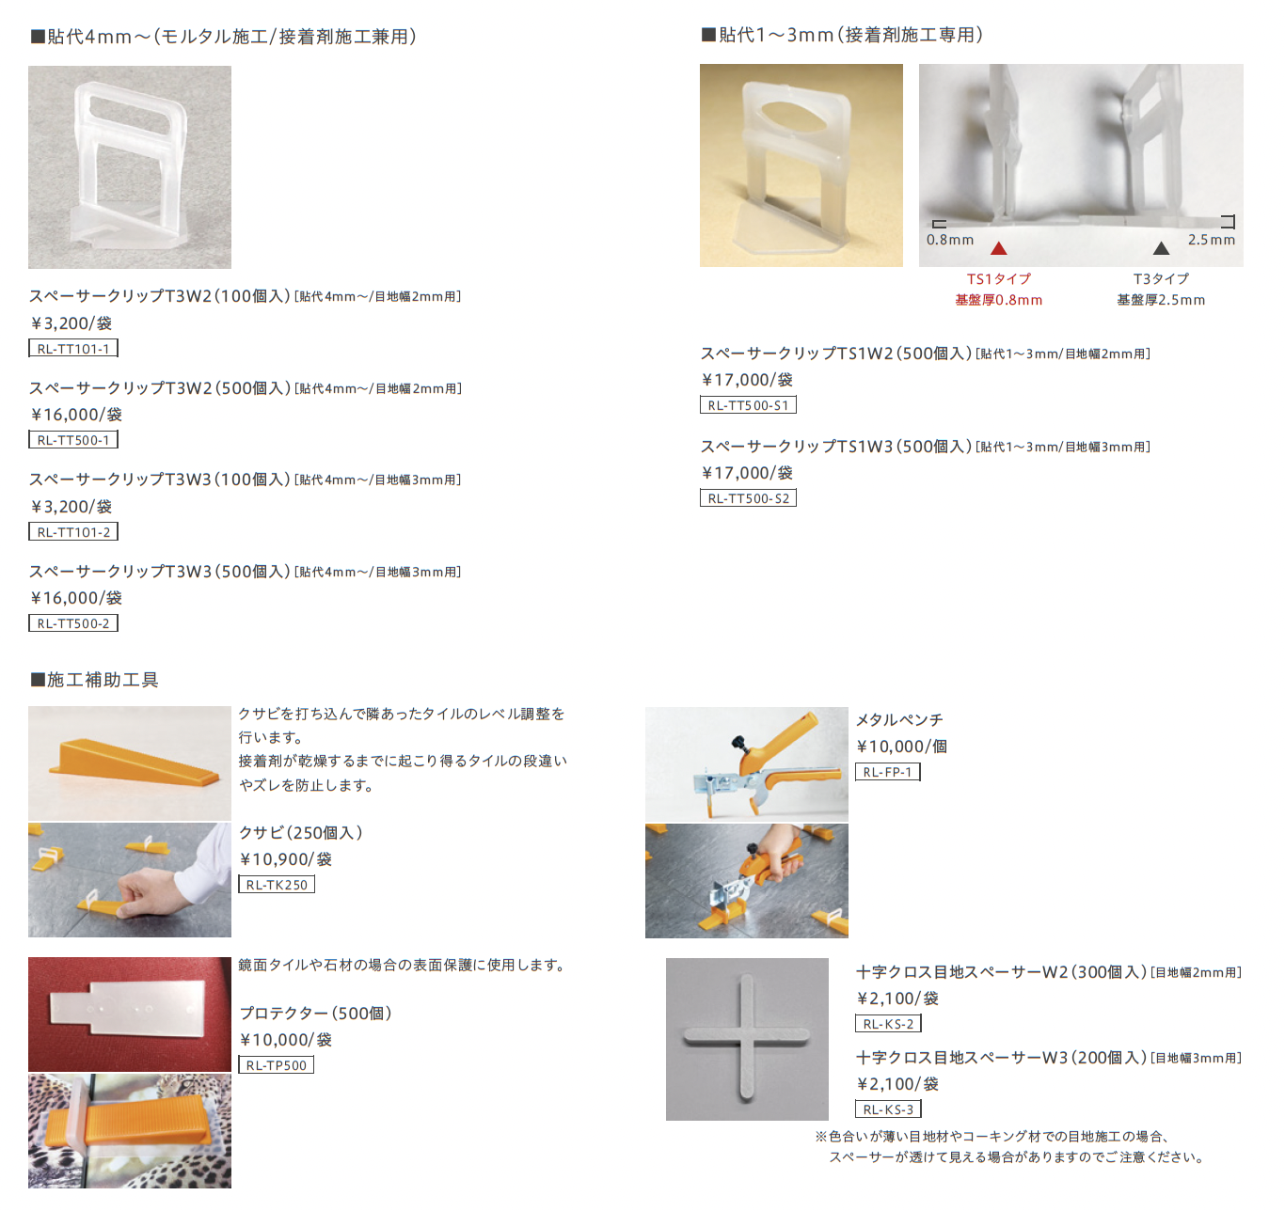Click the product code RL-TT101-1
point(73,349)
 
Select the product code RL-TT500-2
point(73,623)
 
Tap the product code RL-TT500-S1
point(748,405)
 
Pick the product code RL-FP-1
point(887,772)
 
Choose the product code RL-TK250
point(277,885)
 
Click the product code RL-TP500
point(277,1065)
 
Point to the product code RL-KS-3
point(888,1109)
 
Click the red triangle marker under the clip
point(999,248)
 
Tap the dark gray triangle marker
point(1162,248)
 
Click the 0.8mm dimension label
point(950,240)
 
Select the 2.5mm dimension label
point(1212,240)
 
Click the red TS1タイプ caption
point(999,279)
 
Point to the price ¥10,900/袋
point(285,859)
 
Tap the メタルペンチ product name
point(899,720)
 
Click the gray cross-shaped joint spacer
point(747,1038)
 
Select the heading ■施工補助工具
point(94,680)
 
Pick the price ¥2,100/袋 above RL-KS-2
point(897,999)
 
